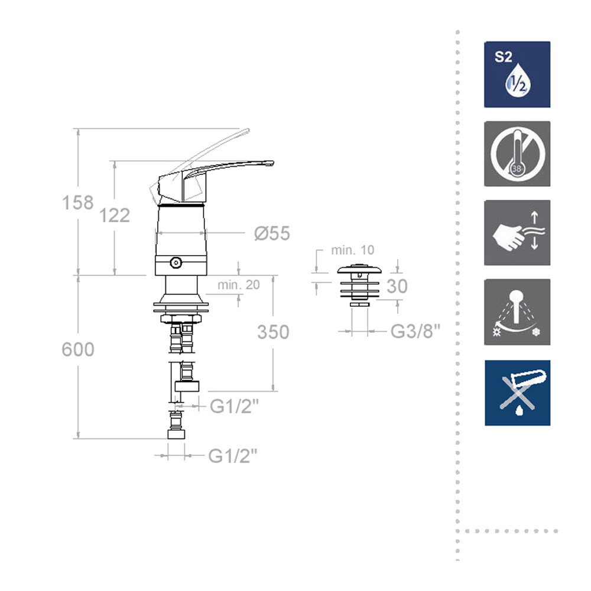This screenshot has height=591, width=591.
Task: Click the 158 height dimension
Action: click(x=77, y=202)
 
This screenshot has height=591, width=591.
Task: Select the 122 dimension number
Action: click(x=114, y=216)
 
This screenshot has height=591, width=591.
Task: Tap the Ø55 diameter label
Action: click(x=272, y=233)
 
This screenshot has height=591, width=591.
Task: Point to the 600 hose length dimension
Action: click(x=78, y=349)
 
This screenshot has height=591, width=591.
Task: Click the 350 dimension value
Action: click(x=273, y=332)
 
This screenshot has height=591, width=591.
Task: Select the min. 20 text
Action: click(x=239, y=285)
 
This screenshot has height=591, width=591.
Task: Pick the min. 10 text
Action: click(x=352, y=250)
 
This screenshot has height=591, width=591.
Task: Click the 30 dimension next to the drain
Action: click(x=397, y=286)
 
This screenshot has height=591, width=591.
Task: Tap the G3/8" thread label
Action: click(x=415, y=332)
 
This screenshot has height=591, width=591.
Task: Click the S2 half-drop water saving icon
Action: click(x=517, y=74)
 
